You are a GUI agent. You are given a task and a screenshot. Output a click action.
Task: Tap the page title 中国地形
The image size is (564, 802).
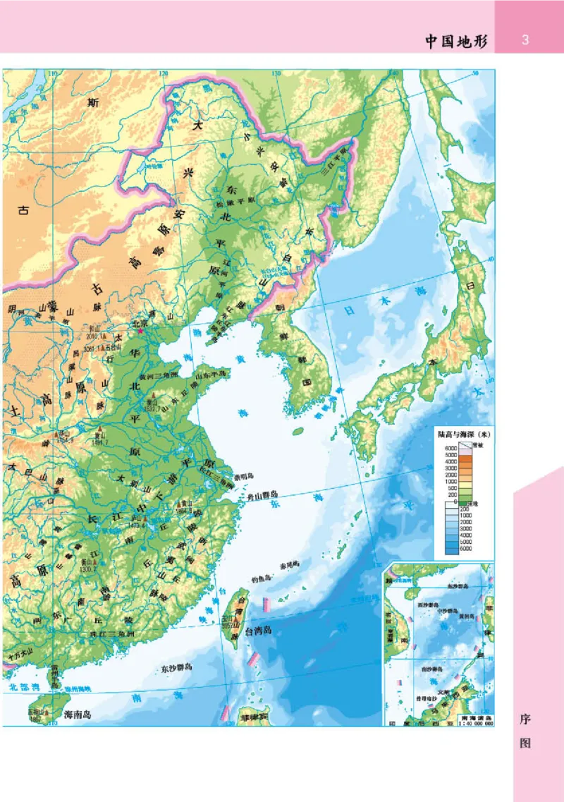tap(455, 40)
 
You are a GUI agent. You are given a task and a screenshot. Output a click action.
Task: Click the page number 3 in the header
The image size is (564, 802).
tap(525, 40)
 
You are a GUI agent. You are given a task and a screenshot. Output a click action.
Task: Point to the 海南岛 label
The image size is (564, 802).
tap(78, 714)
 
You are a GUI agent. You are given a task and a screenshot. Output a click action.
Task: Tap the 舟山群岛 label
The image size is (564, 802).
tap(259, 495)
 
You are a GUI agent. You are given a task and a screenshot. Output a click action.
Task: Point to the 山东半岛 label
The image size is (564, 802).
tap(212, 374)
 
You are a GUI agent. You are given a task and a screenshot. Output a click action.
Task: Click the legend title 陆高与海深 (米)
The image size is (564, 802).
tap(462, 435)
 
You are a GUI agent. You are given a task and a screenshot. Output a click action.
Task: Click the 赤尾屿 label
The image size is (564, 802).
tap(290, 565)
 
